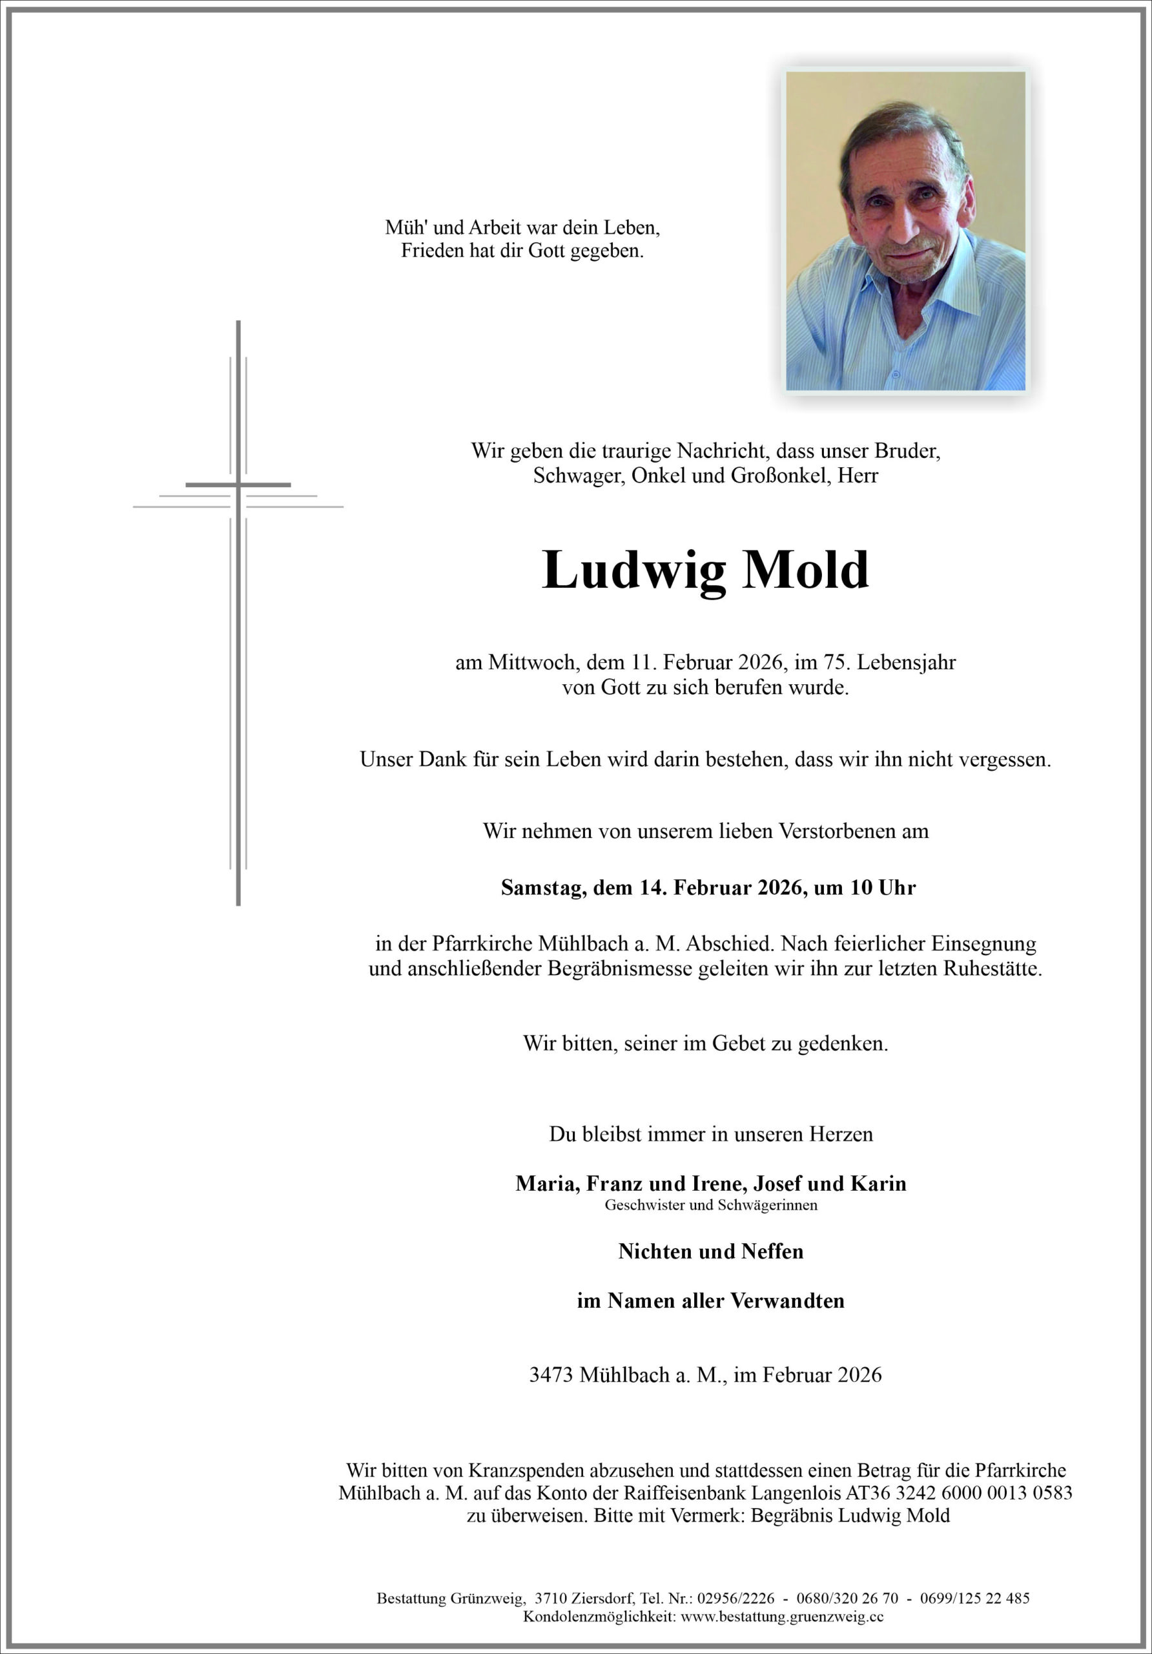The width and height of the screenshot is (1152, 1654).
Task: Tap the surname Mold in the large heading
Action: (806, 570)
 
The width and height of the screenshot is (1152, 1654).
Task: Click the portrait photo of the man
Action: (905, 231)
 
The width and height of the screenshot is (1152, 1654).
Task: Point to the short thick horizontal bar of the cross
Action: (238, 485)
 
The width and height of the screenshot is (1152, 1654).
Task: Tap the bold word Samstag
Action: (544, 888)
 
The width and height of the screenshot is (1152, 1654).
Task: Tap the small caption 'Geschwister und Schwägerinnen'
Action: (711, 1205)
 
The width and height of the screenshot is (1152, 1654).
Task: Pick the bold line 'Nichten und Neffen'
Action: (711, 1251)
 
